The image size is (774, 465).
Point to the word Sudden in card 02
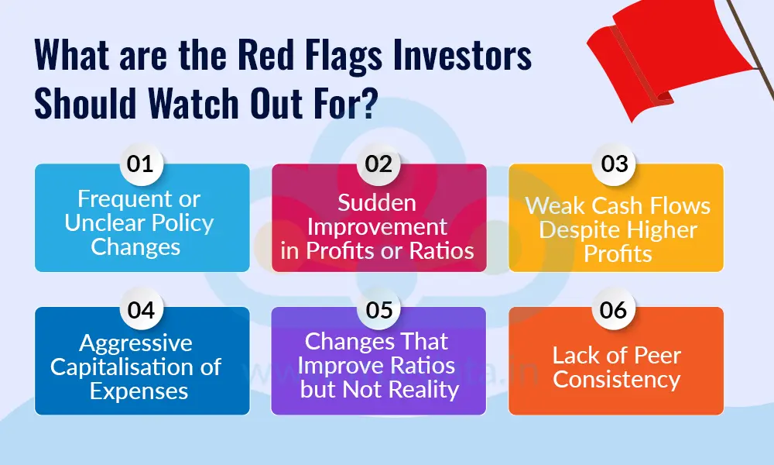(378, 203)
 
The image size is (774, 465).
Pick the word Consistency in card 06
(616, 380)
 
